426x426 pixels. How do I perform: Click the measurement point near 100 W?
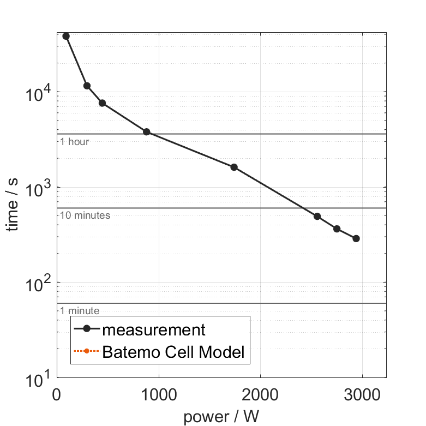[x=66, y=36]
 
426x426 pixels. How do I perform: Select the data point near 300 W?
[x=87, y=86]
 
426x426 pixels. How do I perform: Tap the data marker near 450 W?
[x=102, y=103]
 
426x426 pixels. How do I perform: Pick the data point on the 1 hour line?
[x=146, y=132]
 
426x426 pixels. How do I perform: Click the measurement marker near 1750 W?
[x=234, y=167]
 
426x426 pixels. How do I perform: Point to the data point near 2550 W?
[x=317, y=216]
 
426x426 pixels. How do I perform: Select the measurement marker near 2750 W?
[x=337, y=229]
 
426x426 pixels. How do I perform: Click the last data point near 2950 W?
[x=356, y=238]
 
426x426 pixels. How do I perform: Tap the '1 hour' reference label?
[x=74, y=142]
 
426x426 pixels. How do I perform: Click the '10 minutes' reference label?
[x=85, y=215]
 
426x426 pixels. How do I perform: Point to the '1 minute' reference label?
[x=80, y=311]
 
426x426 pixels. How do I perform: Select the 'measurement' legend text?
[x=154, y=330]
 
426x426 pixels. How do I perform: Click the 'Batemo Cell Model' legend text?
[x=173, y=352]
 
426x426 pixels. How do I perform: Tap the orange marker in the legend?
[x=86, y=352]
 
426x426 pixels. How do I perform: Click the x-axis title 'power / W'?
[x=221, y=417]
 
